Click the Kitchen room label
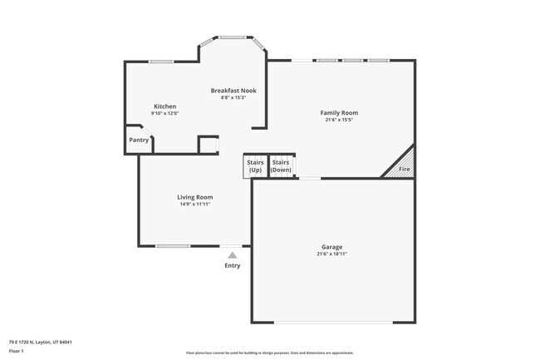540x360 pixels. tap(164, 106)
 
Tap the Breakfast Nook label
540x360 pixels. tap(233, 90)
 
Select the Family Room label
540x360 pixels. tap(339, 112)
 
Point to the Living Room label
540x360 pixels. tap(195, 197)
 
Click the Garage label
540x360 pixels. tap(332, 247)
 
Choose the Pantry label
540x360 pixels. tap(139, 140)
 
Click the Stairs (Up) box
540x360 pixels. tap(255, 165)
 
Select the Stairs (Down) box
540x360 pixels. tap(282, 165)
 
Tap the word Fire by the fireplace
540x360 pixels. tap(405, 170)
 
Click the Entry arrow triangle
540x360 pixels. tap(233, 255)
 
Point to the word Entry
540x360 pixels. tap(233, 265)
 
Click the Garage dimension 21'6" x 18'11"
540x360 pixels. tap(332, 254)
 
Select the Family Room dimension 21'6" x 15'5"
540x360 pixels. tap(339, 120)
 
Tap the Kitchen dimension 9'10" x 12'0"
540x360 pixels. tap(164, 113)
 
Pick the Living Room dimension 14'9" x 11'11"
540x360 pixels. tap(195, 205)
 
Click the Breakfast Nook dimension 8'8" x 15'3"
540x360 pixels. tap(233, 97)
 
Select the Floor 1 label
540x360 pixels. tap(17, 352)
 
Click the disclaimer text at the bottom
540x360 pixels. tap(269, 353)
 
